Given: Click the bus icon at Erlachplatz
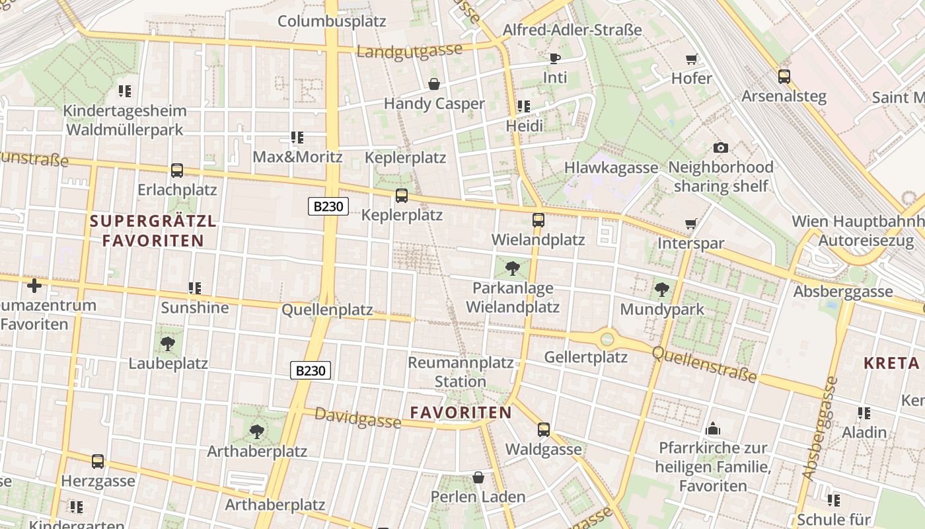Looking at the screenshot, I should [177, 171].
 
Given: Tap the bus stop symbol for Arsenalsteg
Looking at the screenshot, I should [784, 77].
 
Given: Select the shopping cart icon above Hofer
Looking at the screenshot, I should [692, 60].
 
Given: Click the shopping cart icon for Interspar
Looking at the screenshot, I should [691, 224].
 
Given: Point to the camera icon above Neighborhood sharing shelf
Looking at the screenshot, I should [721, 147].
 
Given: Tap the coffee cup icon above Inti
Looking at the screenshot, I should [555, 59].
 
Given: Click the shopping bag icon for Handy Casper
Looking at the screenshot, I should [434, 84].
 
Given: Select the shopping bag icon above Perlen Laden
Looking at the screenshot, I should [478, 477].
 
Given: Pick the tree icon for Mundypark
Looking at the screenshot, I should [661, 290].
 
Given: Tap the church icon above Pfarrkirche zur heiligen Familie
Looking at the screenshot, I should [713, 429].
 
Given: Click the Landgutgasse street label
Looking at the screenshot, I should [409, 51].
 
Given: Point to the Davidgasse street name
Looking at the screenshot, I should [357, 417].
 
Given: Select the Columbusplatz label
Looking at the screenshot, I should [332, 21].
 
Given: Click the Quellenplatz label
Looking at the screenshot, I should [327, 310].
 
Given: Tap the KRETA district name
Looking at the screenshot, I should [892, 363].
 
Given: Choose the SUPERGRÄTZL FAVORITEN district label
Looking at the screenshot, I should [153, 231].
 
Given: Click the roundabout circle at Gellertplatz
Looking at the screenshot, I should [607, 340].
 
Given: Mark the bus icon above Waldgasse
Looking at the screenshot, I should [544, 430].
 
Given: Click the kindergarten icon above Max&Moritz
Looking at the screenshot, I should [297, 138].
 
